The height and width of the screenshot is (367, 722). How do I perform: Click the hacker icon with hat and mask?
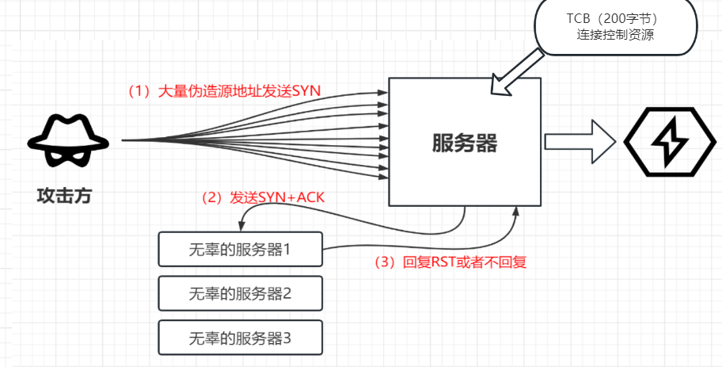click(66, 142)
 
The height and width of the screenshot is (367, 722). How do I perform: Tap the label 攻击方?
click(64, 196)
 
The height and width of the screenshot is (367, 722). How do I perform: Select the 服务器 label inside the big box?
click(464, 143)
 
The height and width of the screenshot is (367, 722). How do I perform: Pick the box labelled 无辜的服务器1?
click(240, 250)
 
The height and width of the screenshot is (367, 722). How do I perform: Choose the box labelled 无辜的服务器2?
click(240, 293)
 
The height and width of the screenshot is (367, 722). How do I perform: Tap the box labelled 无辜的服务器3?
click(240, 338)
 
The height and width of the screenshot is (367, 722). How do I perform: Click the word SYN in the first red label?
click(306, 90)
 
